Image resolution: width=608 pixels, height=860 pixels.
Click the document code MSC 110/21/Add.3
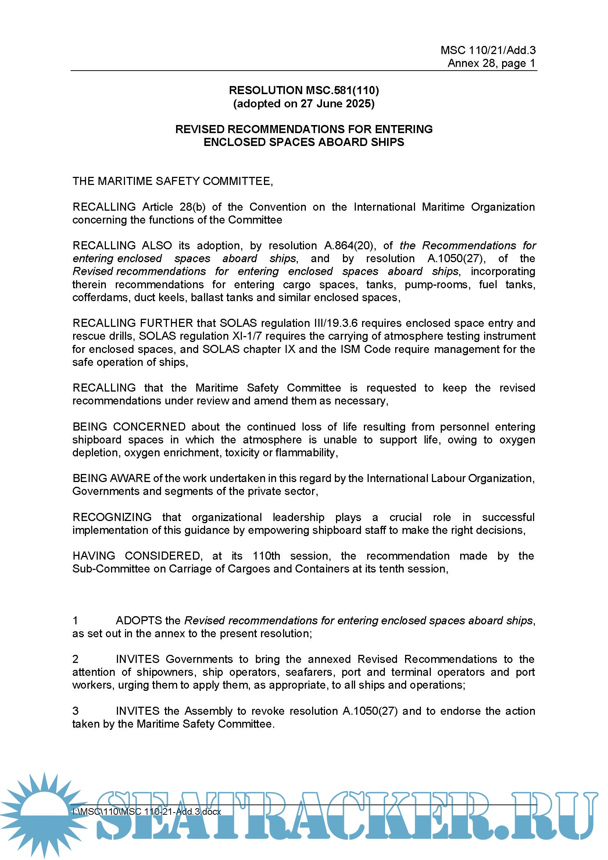[488, 50]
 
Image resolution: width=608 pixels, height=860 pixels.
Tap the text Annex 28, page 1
[491, 63]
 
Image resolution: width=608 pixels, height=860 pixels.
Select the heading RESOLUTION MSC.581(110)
[304, 90]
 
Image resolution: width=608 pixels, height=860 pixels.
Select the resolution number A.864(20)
[349, 246]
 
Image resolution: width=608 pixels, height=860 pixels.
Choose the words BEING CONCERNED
[129, 427]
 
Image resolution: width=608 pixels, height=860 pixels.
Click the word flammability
[305, 453]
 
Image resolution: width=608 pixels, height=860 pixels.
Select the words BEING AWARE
[111, 478]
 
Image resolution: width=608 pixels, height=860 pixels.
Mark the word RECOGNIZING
[112, 517]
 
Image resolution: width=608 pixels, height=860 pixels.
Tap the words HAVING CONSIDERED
[137, 556]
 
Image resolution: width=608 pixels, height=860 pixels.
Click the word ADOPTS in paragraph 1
[139, 621]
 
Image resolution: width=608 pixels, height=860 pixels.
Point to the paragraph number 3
[75, 711]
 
